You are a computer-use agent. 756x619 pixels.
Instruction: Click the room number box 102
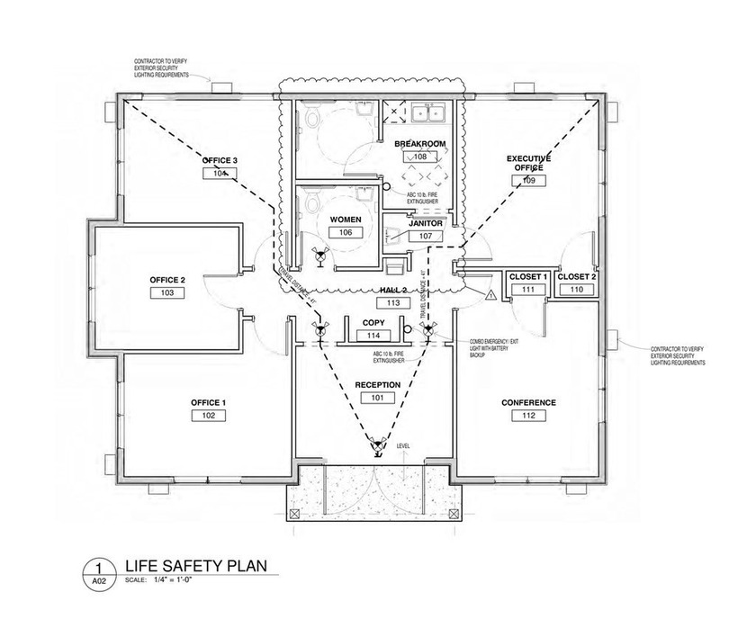click(x=207, y=416)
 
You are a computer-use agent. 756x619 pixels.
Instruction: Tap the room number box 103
click(x=166, y=293)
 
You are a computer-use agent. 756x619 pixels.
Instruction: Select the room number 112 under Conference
click(x=528, y=416)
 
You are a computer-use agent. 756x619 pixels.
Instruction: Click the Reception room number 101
click(x=376, y=397)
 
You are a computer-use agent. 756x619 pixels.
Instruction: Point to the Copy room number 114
click(x=372, y=335)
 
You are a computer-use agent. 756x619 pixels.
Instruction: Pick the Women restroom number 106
click(x=345, y=232)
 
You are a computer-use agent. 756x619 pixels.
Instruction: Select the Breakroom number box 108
click(x=418, y=157)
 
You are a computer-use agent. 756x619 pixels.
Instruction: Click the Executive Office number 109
click(x=528, y=181)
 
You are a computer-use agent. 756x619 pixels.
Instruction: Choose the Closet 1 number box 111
click(x=528, y=290)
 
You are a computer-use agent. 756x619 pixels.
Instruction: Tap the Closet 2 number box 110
click(x=576, y=290)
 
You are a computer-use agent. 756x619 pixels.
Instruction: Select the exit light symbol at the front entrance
click(x=377, y=444)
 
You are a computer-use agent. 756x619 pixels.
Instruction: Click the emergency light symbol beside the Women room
click(x=317, y=255)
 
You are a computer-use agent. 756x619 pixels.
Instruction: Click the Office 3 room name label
click(x=219, y=160)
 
